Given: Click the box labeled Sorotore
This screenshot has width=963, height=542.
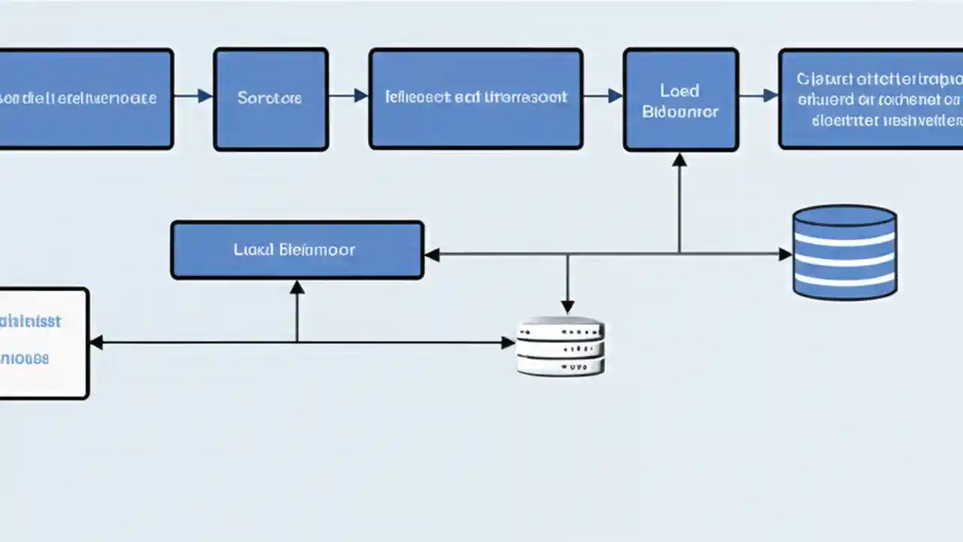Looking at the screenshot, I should click(270, 99).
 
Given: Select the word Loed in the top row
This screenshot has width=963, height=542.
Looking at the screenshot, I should click(679, 90).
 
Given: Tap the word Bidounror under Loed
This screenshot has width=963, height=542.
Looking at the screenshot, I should click(680, 112).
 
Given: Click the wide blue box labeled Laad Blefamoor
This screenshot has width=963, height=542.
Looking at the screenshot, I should click(297, 250).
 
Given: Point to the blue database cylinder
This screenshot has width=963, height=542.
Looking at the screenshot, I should click(844, 252).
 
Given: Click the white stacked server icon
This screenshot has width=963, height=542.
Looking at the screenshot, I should click(560, 347).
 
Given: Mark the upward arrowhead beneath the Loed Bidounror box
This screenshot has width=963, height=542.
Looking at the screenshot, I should click(679, 159).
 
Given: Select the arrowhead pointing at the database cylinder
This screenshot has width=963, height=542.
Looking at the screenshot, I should click(785, 254).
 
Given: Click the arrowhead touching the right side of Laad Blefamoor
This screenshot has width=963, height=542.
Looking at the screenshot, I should click(432, 254).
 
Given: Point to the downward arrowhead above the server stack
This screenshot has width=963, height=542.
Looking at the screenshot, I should click(567, 306).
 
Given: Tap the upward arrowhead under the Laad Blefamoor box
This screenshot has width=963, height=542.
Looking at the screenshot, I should click(297, 287).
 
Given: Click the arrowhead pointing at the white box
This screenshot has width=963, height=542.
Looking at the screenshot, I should click(96, 343).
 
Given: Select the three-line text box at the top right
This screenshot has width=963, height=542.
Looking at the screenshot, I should click(871, 99).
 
